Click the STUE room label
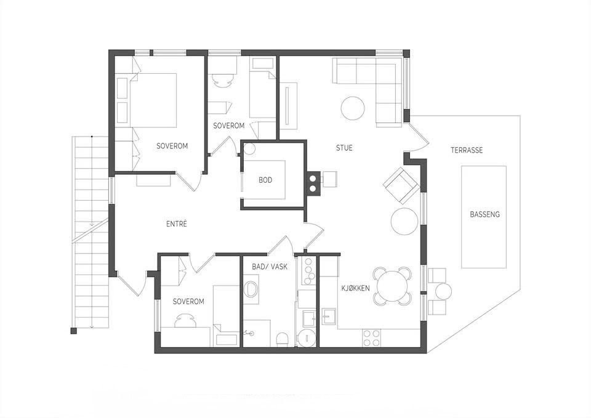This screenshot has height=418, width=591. [x=344, y=148]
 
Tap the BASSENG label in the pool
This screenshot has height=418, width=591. [x=484, y=214]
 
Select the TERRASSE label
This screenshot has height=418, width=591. [x=467, y=150]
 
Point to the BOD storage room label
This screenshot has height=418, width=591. [x=265, y=180]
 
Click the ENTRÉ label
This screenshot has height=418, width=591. [x=177, y=224]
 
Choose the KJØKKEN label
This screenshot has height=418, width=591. [x=355, y=288]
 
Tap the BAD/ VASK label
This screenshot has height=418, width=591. [x=270, y=267]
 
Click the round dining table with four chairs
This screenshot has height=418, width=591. [x=392, y=286]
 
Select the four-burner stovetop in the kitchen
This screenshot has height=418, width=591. [x=372, y=338]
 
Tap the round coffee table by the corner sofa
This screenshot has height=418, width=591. [x=353, y=108]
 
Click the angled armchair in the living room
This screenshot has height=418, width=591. [x=402, y=186]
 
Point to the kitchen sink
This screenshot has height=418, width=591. [x=329, y=316]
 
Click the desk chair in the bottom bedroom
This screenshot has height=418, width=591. [x=186, y=320]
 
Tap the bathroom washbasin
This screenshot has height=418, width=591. [x=251, y=289]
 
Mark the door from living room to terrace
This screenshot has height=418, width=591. [x=418, y=133]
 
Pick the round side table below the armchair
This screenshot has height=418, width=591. [x=404, y=222]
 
